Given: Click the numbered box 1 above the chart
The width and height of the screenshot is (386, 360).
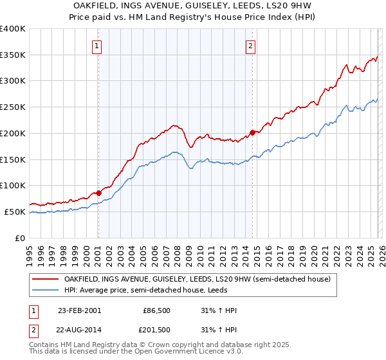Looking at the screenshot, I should (x=97, y=45).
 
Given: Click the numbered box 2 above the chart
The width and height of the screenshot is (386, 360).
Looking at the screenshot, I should (x=250, y=45).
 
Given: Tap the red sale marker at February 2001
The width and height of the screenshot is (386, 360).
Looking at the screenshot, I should (x=98, y=192).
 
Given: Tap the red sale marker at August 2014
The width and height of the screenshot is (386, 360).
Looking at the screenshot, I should (x=252, y=132).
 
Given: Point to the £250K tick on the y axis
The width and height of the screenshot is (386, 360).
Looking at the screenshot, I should (x=14, y=107).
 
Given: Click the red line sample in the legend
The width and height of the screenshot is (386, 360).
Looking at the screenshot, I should (x=46, y=279).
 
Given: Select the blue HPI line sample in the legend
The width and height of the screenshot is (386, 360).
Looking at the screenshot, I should (x=46, y=291).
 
